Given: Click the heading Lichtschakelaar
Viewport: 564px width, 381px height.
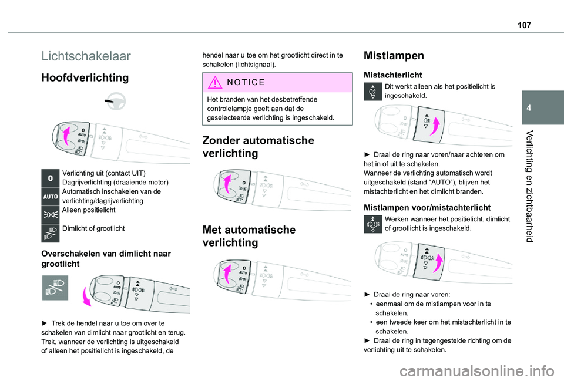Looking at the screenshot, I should pos(86,56).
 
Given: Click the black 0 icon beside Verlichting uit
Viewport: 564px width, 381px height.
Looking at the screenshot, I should pos(51,177).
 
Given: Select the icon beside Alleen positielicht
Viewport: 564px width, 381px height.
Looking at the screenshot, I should pos(51,213).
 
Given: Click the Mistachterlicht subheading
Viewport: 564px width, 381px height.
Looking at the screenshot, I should pos(393,75).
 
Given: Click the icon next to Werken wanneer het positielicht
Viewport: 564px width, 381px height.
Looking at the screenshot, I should pos(373,224).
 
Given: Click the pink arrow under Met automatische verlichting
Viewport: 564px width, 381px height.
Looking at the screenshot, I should pos(225,275).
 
